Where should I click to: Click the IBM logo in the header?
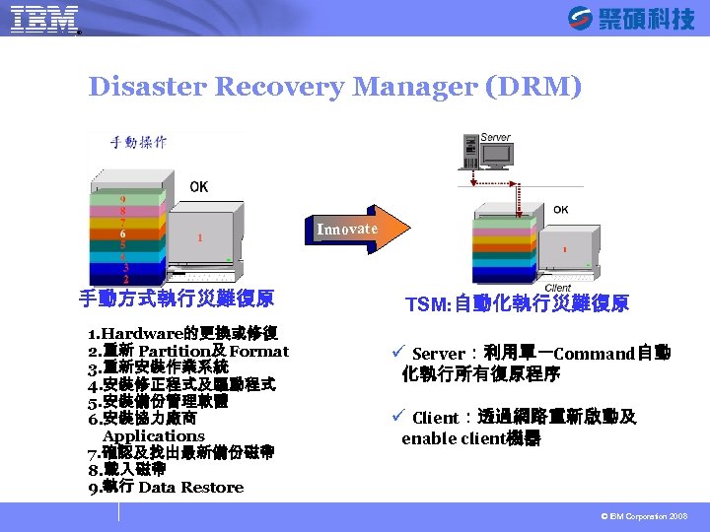click(43, 19)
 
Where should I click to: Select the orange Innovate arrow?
click(350, 229)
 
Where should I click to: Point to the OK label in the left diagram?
click(199, 186)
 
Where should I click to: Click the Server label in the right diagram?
click(495, 137)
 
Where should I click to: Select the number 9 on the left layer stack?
click(122, 198)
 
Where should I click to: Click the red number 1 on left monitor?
click(201, 237)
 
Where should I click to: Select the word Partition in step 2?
click(172, 351)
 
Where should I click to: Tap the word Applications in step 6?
click(153, 435)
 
